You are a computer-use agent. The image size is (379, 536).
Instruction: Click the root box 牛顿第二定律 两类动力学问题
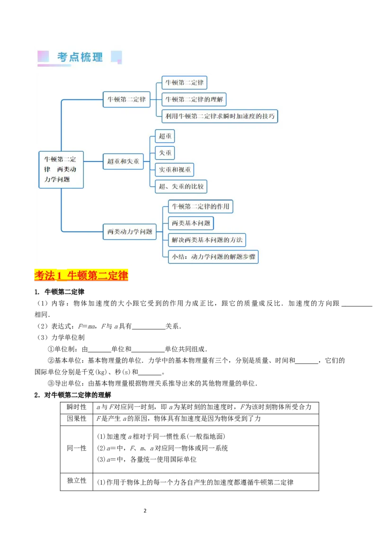click(61, 170)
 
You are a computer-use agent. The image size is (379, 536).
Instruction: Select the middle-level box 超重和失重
click(123, 161)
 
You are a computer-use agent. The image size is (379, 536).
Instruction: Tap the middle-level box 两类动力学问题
click(130, 232)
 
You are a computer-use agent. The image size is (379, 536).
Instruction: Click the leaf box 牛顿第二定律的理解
click(194, 99)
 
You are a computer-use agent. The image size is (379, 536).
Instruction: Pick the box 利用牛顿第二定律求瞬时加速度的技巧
click(220, 116)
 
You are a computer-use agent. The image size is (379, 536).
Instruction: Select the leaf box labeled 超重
click(165, 136)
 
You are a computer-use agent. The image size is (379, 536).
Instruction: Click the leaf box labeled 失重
click(165, 153)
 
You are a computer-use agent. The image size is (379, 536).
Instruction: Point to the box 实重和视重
click(174, 170)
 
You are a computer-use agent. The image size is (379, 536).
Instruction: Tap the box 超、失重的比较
click(181, 187)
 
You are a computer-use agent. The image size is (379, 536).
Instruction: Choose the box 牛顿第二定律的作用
click(200, 206)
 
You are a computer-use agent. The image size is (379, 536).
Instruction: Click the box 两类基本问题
click(190, 223)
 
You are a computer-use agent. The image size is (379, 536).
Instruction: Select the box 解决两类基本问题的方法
click(207, 240)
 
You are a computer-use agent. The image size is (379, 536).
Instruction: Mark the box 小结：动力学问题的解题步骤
click(213, 257)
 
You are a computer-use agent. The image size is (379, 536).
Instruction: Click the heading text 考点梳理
click(80, 57)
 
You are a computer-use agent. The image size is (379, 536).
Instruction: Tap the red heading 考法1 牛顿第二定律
click(81, 276)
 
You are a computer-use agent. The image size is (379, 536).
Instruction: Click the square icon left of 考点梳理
click(43, 57)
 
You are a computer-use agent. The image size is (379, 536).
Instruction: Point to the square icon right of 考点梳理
click(116, 57)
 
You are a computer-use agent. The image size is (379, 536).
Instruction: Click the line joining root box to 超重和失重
click(93, 161)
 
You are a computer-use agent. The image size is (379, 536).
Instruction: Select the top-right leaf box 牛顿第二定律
click(184, 83)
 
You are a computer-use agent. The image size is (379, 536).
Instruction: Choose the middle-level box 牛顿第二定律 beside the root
click(126, 99)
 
